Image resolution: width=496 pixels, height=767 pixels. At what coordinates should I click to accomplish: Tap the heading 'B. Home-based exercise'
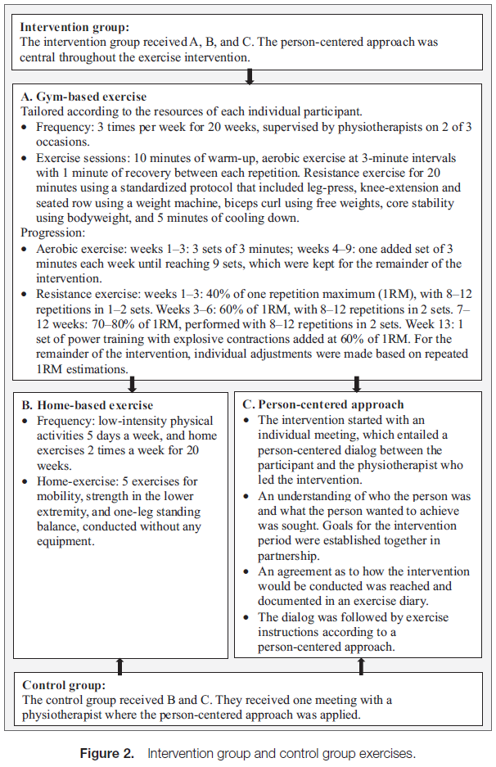pos(88,404)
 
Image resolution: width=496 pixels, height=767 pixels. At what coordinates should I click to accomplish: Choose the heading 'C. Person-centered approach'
pos(323,404)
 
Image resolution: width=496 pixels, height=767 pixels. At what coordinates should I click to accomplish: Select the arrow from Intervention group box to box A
pos(250,77)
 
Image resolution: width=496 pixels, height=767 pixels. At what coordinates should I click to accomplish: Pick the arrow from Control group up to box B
pos(120,665)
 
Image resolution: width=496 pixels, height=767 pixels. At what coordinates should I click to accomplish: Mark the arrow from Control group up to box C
pos(361,665)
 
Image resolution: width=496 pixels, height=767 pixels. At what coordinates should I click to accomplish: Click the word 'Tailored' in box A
pos(43,111)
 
